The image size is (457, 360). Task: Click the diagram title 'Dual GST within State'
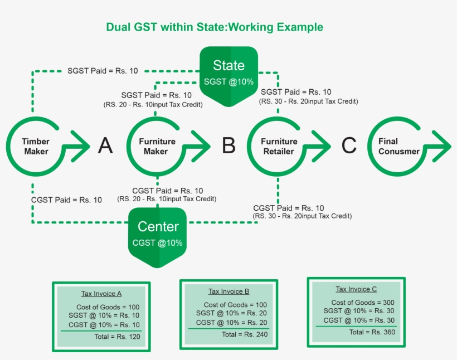point(215,27)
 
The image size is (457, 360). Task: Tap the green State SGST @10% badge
point(229,72)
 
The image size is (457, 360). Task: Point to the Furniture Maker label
point(157,147)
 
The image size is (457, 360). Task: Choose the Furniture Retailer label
point(279,147)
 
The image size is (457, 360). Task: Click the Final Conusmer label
point(398,147)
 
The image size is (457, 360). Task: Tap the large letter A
point(105,146)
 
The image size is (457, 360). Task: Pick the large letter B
point(229,146)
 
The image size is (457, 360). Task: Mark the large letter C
point(349,146)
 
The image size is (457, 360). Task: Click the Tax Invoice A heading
point(101,294)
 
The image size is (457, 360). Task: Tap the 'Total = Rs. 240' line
point(245,334)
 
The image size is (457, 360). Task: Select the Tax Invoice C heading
point(356,289)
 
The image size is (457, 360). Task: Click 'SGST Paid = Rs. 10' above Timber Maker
point(103,71)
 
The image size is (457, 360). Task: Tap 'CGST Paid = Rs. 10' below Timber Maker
point(67,200)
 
